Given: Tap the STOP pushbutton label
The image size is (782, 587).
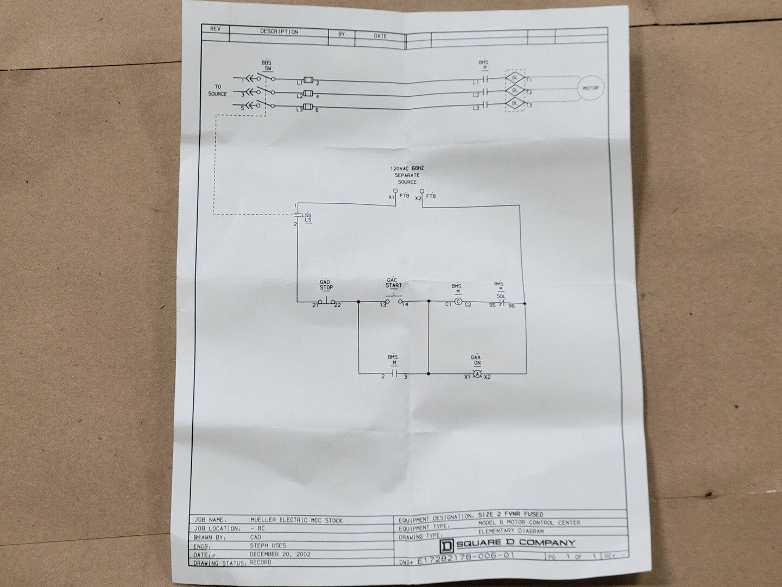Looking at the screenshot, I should point(326,288).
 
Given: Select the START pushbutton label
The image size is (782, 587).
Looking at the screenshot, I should point(394,285).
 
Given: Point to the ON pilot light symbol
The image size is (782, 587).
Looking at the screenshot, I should point(476,374).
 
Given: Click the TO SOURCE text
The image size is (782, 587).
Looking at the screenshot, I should point(217,90).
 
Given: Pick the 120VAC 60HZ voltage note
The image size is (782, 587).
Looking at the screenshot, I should point(406,169).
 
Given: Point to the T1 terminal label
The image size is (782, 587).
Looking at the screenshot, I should point(528,79).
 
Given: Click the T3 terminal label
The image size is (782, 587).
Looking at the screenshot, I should point(528,105).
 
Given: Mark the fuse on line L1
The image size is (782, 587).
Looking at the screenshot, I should point(308,80).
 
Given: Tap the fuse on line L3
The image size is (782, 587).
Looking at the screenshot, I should point(308,107).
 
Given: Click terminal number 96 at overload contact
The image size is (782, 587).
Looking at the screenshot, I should point(511,305).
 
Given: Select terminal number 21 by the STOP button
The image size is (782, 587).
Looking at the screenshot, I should point(315,305).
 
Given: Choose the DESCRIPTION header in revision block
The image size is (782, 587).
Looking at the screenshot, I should point(279,32).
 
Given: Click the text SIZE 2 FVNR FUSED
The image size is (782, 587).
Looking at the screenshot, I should point(510,514).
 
